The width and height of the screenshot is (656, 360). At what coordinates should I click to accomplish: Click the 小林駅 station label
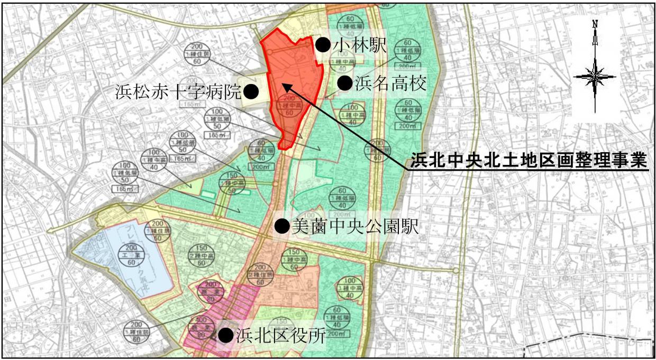tap(360, 45)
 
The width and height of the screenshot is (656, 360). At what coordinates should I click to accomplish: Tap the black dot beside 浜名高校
tap(345, 83)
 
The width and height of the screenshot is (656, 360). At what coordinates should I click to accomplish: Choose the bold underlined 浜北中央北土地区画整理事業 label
tap(529, 159)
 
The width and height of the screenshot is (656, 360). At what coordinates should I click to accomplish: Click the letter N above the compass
tap(595, 24)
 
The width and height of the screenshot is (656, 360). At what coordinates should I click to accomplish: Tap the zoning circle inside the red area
tap(289, 105)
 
